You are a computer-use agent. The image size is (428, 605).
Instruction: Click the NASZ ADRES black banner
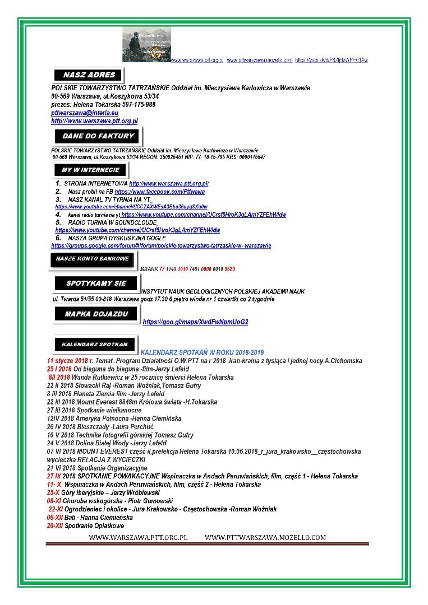(x=89, y=75)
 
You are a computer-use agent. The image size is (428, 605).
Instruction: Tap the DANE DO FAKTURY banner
(x=98, y=136)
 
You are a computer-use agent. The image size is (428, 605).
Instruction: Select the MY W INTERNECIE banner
(x=90, y=170)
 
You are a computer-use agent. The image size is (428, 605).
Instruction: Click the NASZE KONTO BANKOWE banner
(x=93, y=259)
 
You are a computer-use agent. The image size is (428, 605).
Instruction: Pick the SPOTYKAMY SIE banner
(x=96, y=283)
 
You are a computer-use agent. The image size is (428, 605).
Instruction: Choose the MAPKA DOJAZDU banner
(x=96, y=314)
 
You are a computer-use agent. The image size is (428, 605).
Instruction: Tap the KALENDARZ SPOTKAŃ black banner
(x=94, y=343)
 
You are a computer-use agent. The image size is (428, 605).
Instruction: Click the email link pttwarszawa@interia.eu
(x=84, y=113)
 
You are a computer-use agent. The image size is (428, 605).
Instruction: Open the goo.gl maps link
(x=195, y=322)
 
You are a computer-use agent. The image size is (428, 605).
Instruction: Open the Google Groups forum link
(x=161, y=245)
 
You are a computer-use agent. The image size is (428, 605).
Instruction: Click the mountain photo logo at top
(x=146, y=44)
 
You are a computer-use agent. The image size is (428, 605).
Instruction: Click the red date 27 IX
(x=54, y=476)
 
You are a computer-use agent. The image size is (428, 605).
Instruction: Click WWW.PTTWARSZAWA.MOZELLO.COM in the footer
(x=265, y=538)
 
